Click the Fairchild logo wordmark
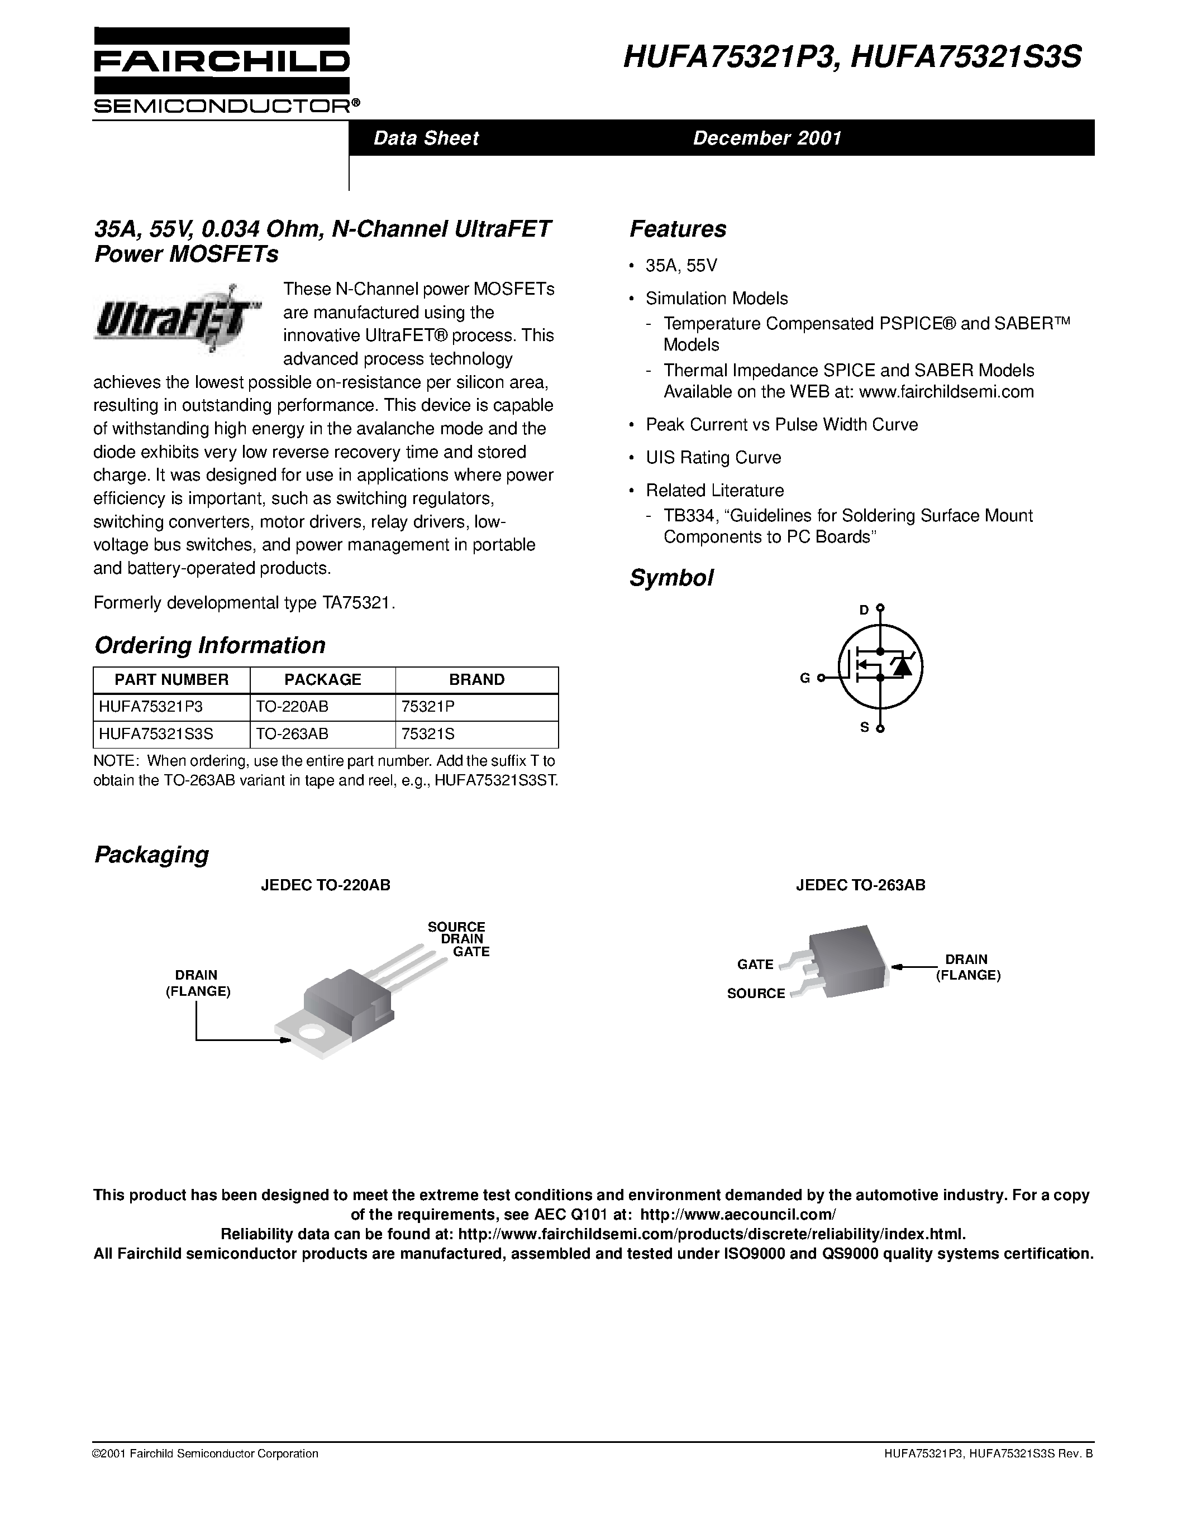point(221,63)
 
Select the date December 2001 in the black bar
point(766,138)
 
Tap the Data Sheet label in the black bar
point(426,138)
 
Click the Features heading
point(677,229)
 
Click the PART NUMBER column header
point(171,680)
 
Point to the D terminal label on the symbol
point(864,610)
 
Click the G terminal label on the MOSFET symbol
point(804,678)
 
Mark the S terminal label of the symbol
point(864,727)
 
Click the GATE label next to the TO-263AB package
point(755,965)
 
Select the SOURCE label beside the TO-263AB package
point(755,993)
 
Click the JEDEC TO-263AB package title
point(860,885)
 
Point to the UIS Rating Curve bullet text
point(713,458)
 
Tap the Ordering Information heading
point(209,645)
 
